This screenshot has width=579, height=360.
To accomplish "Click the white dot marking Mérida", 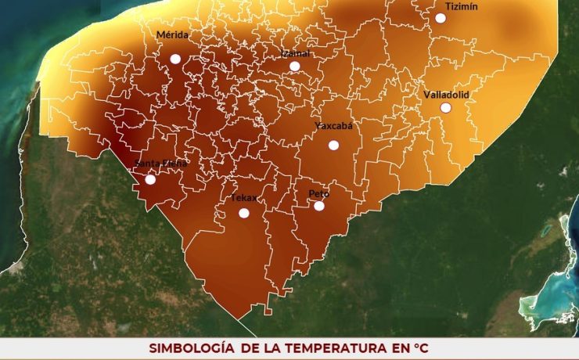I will click(x=175, y=59).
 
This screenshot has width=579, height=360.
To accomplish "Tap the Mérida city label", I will click(x=172, y=35).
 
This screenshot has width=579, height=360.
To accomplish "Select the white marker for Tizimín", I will click(x=441, y=18).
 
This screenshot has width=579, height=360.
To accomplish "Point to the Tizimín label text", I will click(x=461, y=6).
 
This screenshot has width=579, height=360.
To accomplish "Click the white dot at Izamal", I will click(x=294, y=66).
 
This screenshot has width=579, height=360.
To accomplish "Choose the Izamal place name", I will click(x=297, y=53).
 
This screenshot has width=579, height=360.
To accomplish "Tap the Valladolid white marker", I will click(x=445, y=107).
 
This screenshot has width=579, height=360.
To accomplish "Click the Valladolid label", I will click(x=446, y=95).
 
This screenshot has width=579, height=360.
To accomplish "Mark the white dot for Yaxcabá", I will click(x=333, y=145).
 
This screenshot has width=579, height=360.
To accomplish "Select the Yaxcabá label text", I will click(x=334, y=125).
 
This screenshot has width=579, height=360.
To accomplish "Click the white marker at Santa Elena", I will click(x=150, y=179).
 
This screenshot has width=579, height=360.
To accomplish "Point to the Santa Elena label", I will click(x=161, y=164).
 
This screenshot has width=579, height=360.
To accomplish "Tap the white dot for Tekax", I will click(x=243, y=213).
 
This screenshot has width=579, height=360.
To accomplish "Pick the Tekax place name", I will click(x=243, y=198).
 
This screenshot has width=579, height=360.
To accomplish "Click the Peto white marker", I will click(x=318, y=206).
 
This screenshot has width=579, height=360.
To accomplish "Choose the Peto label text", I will click(x=318, y=193).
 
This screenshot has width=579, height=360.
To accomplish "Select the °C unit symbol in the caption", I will click(x=422, y=347).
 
